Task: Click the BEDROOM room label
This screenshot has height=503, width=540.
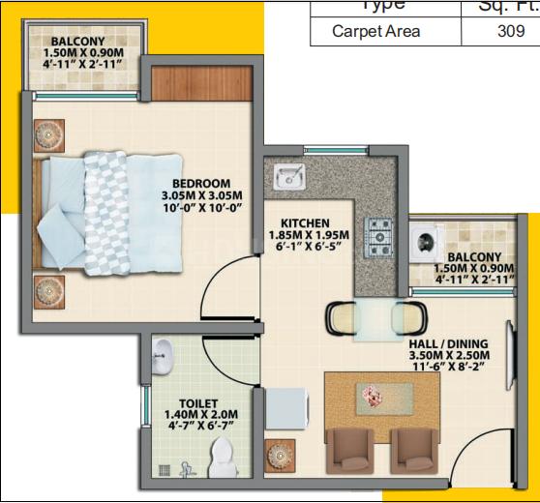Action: tap(201, 184)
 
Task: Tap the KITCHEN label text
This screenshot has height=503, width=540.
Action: tap(305, 222)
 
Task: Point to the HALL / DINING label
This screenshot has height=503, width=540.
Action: tap(447, 344)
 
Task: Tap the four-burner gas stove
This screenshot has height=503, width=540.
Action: tap(377, 234)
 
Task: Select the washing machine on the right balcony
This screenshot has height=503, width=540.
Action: tap(426, 243)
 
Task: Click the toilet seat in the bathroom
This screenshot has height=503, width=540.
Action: tap(223, 455)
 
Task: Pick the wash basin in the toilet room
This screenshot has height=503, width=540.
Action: tap(162, 354)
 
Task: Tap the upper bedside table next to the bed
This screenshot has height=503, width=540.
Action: tap(50, 133)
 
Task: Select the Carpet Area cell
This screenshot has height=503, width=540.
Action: tap(376, 31)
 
